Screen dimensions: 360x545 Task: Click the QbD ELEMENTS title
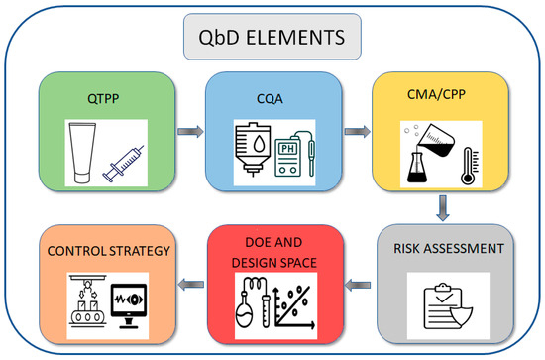click(x=272, y=41)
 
